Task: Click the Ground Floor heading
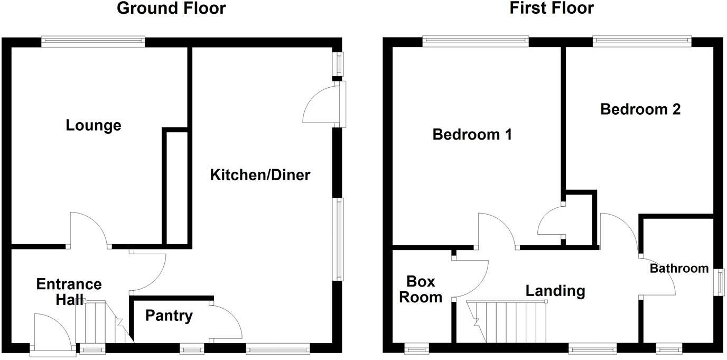171,8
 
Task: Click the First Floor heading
552,8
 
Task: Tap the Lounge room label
94,126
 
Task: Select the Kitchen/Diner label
260,175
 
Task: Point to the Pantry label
169,316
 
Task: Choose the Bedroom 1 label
472,134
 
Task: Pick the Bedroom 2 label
640,109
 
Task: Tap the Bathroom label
679,269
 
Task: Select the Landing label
555,291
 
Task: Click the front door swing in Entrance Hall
51,330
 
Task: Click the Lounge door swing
89,230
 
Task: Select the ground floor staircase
103,322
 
